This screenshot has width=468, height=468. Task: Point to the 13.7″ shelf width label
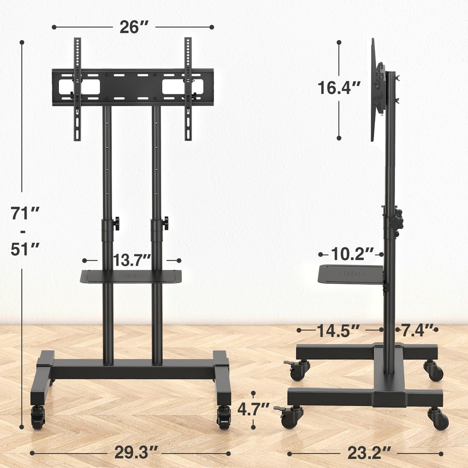131,261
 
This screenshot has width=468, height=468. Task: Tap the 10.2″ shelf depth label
352,254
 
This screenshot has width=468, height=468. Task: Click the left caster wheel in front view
38,417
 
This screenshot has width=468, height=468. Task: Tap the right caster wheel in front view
224,417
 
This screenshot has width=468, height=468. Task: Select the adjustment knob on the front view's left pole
116,223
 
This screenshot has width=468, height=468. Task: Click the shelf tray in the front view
131,276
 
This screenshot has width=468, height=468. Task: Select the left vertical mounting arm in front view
77,89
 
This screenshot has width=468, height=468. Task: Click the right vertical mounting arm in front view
188,89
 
